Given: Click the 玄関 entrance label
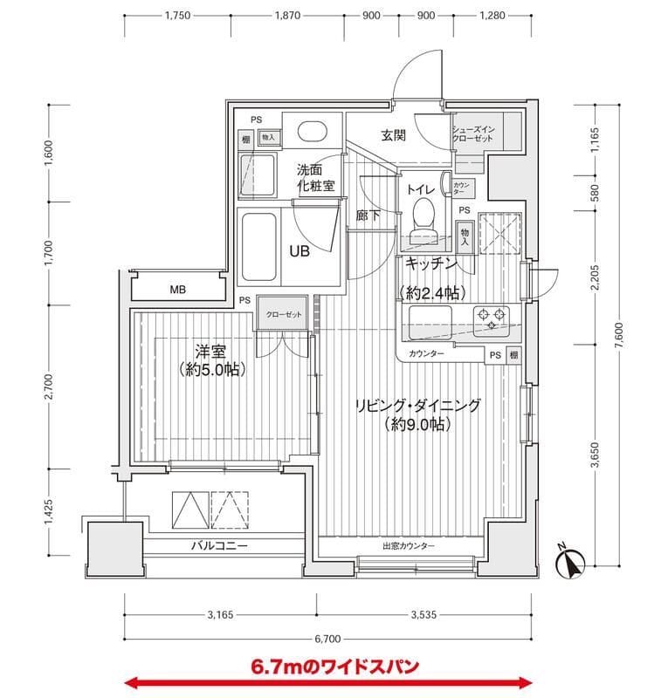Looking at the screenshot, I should [x=393, y=135].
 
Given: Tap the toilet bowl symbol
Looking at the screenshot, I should [x=424, y=213].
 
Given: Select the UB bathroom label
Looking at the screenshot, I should [x=300, y=250].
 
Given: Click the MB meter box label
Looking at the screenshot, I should [x=177, y=290].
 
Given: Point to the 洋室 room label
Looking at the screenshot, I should [x=210, y=352].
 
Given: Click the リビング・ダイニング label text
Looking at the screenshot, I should [x=417, y=406].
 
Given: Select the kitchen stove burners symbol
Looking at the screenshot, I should [x=491, y=318].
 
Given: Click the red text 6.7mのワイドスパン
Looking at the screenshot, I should [x=334, y=666].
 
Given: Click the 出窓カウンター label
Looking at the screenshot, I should [x=408, y=546].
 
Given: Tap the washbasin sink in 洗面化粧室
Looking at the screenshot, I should [x=311, y=132].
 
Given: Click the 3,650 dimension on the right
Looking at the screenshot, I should [x=595, y=456].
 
